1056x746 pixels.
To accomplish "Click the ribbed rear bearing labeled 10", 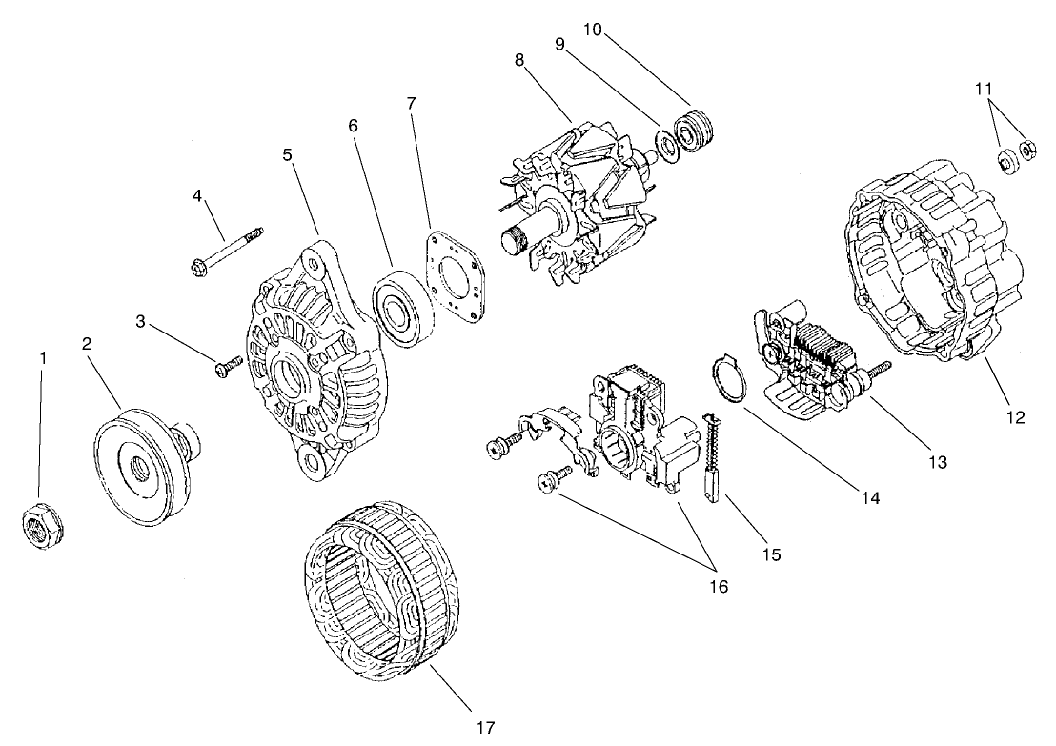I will click(x=695, y=131).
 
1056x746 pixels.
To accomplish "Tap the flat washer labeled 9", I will click(x=665, y=144).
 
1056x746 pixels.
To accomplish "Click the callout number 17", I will click(x=485, y=728).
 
